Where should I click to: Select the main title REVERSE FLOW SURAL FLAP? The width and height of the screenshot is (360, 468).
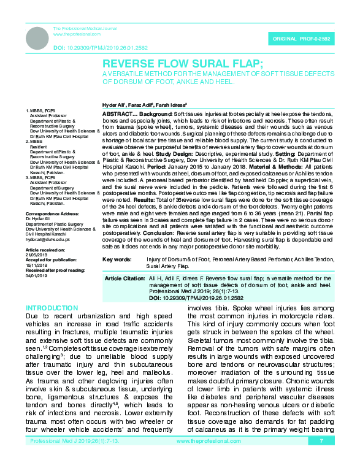pos(182,64)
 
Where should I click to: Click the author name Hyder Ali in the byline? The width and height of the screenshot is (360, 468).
pos(112,105)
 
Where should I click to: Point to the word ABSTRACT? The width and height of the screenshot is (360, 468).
pos(117,114)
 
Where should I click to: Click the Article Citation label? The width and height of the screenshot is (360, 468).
pos(124,278)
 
